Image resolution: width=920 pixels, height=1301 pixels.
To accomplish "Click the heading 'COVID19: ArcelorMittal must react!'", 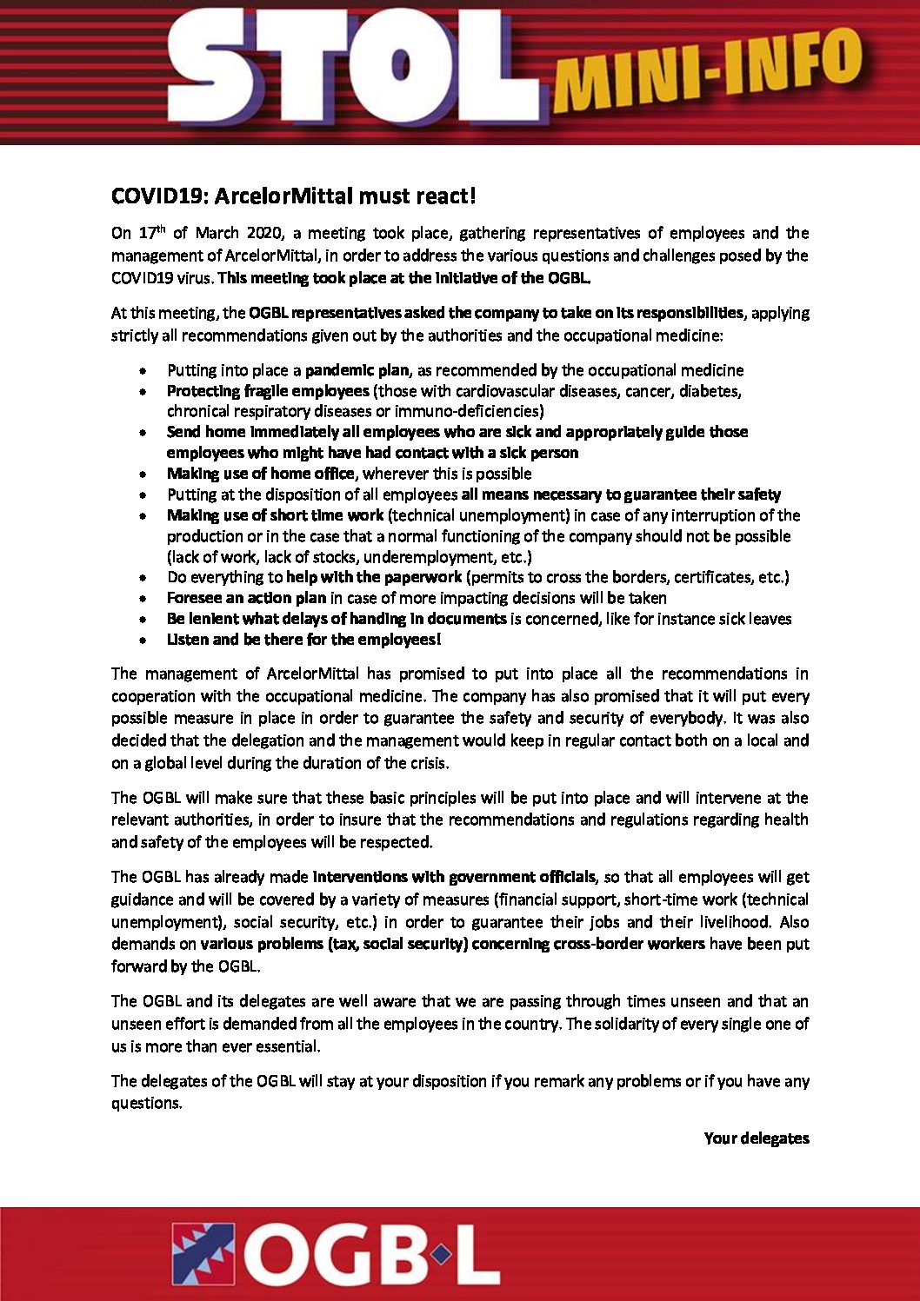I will pos(293,196).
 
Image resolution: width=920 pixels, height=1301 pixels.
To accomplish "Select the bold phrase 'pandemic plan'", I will pos(357,370).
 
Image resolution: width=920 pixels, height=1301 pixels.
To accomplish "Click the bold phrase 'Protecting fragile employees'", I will pos(268,391).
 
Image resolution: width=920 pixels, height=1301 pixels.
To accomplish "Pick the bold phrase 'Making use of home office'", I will pos(261,474).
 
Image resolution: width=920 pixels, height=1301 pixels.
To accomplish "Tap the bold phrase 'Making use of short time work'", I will pos(275,515).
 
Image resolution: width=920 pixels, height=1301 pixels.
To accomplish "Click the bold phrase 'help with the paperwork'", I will pos(374,577).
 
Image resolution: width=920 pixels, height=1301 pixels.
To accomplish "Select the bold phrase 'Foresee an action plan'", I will pos(246,598).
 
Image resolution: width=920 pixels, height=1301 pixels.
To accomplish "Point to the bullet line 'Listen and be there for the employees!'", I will pos(303,640).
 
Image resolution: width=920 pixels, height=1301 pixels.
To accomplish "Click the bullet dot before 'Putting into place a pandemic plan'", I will pos(143,371).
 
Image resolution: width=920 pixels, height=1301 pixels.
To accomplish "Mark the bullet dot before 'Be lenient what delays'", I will pos(143,620).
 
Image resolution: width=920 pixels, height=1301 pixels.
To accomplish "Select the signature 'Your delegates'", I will pos(756,1138).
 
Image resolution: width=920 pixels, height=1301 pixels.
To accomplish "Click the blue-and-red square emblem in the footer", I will pos(203,1253).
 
